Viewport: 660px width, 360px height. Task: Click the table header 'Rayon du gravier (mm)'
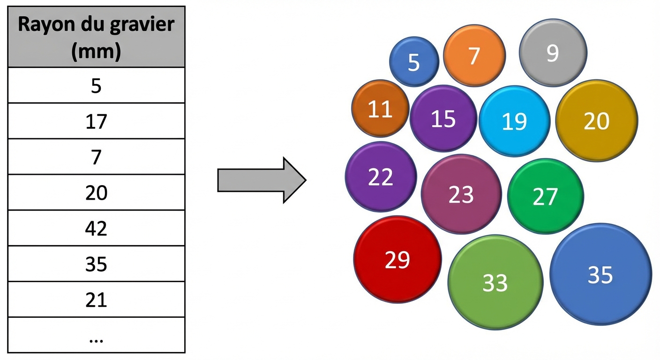point(96,37)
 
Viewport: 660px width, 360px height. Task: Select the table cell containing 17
point(96,121)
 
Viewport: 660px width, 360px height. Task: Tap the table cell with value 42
point(96,228)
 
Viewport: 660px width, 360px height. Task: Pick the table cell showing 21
point(96,300)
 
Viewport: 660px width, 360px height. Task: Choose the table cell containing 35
point(96,264)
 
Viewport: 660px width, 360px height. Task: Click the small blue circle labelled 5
point(414,61)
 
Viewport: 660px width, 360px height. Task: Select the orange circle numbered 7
point(474,56)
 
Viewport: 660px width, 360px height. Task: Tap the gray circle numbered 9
point(553,53)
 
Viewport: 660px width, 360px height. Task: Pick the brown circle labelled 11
point(380,109)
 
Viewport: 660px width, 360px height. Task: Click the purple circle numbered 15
point(443,119)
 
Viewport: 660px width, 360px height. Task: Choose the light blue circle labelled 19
point(514,121)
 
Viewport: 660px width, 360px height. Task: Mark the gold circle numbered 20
point(597,120)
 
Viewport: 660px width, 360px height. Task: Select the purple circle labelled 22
point(381,177)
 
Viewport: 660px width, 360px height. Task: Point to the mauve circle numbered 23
point(461,194)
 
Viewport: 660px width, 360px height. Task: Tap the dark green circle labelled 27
point(545,196)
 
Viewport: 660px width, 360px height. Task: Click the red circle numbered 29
point(397,259)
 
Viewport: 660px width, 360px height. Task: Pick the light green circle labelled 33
point(495,282)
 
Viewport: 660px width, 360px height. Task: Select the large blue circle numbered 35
point(600,274)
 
